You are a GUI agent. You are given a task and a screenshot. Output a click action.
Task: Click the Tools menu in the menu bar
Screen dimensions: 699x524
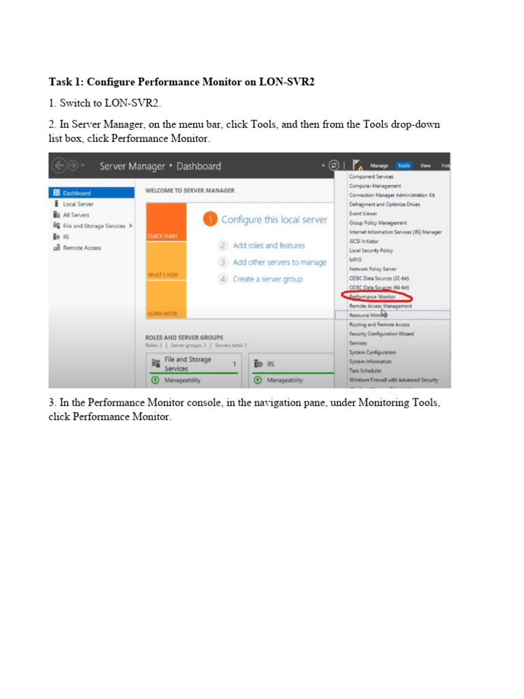click(x=404, y=165)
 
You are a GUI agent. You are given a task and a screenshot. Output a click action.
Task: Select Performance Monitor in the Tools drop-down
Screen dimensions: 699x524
click(x=373, y=297)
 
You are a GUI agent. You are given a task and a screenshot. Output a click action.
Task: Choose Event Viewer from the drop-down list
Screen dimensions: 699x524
click(x=364, y=214)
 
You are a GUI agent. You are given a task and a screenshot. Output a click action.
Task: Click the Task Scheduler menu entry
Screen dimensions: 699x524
click(x=366, y=371)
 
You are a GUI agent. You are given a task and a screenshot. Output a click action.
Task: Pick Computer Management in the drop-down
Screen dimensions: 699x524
click(x=375, y=186)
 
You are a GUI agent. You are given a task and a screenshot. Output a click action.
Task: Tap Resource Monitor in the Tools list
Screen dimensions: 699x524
click(x=369, y=315)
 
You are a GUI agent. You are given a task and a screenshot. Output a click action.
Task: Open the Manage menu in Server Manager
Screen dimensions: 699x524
click(x=379, y=165)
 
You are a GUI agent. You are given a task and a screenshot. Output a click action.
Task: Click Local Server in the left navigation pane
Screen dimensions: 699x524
click(x=78, y=204)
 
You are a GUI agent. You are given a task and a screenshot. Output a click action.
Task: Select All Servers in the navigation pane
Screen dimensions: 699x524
click(x=76, y=215)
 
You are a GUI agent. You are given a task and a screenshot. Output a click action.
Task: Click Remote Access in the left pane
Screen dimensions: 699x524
click(x=82, y=248)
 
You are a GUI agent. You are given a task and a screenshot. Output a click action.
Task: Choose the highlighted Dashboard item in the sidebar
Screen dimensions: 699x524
click(x=76, y=193)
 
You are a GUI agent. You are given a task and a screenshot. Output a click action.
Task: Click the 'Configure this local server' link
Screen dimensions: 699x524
click(x=274, y=220)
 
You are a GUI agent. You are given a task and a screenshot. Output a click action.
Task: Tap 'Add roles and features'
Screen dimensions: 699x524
click(x=269, y=246)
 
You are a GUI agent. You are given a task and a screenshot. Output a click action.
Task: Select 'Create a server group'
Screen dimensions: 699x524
click(x=267, y=279)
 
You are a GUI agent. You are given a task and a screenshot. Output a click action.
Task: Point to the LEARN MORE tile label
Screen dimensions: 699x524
click(x=162, y=313)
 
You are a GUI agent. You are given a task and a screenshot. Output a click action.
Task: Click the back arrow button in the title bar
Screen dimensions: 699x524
click(x=59, y=166)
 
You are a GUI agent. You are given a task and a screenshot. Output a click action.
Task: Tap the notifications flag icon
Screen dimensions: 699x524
click(x=358, y=165)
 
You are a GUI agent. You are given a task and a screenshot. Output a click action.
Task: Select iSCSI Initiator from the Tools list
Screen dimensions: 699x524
click(x=364, y=241)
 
